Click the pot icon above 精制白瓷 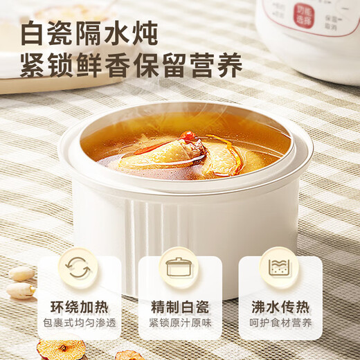coord(179,268)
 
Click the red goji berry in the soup coord(188,136)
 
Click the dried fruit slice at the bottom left coord(62,350)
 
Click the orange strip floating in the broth coord(235,156)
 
